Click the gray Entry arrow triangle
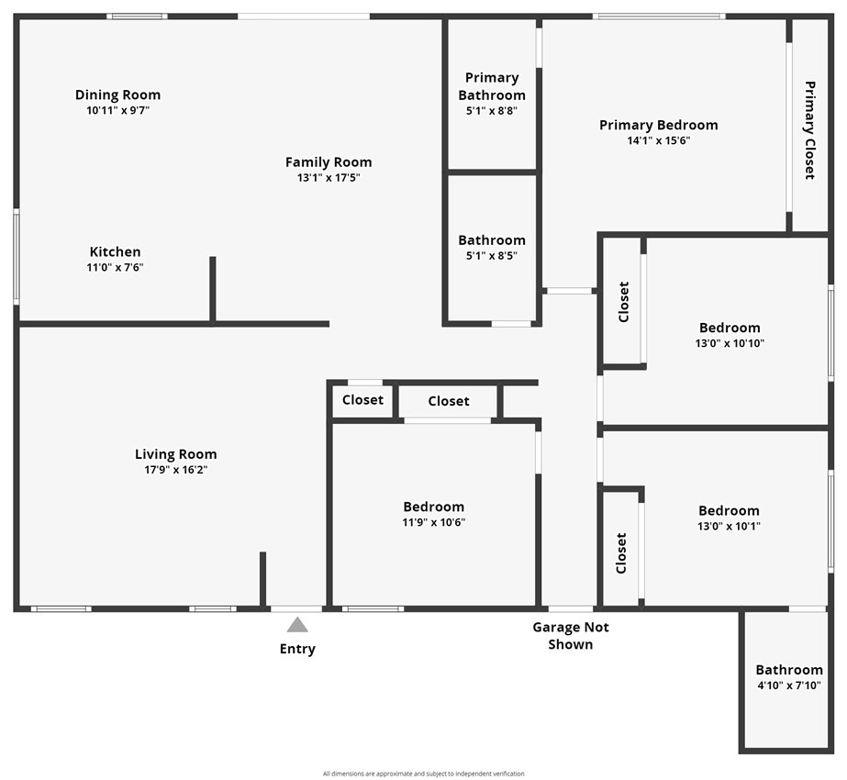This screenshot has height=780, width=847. coord(297,625)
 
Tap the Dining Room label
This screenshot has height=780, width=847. coord(117,95)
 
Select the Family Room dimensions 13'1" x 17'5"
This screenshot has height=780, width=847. coord(329,178)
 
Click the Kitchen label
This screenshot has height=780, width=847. coord(115,251)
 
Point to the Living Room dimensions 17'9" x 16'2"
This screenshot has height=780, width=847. coord(176,470)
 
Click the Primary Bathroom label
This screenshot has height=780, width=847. coord(492,86)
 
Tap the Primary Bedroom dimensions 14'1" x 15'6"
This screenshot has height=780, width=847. coord(658,141)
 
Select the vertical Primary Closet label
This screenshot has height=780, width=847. coord(809,130)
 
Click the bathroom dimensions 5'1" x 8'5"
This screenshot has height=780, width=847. coord(492,256)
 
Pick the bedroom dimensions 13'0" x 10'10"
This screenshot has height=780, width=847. coord(730,343)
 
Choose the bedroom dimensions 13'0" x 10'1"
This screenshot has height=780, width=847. coord(729,527)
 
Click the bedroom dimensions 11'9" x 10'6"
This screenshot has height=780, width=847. coord(433,522)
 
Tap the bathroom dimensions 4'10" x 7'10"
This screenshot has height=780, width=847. coord(788,685)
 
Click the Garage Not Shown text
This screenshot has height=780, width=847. coord(571,635)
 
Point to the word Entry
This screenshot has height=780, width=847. coord(297,649)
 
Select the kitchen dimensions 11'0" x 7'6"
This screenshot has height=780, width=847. coord(115,268)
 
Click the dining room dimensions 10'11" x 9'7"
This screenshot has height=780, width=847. coord(117,110)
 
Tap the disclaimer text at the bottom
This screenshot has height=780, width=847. coord(423,774)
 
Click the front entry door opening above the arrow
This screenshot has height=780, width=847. coord(296,608)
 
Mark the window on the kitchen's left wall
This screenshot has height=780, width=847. coord(16,257)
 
